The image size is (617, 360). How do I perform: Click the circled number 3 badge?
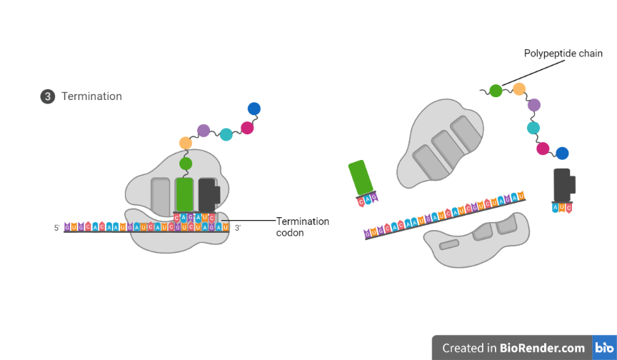click(x=48, y=96)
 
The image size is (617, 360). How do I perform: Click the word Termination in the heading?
click(x=91, y=96)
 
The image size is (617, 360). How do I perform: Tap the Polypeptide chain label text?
click(x=563, y=54)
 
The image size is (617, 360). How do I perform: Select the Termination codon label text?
click(x=302, y=226)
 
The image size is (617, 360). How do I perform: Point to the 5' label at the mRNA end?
click(x=56, y=229)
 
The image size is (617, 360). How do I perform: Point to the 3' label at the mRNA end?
click(x=238, y=229)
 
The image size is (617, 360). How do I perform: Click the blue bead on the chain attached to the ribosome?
click(x=254, y=109)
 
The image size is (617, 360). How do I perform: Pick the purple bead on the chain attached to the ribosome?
click(x=204, y=130)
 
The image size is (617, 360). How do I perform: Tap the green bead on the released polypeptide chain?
click(x=495, y=91)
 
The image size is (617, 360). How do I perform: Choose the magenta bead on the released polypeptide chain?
click(x=543, y=149)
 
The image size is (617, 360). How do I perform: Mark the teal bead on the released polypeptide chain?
click(x=533, y=128)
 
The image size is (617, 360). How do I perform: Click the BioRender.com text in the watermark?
click(x=543, y=348)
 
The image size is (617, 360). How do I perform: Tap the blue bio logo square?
click(x=603, y=348)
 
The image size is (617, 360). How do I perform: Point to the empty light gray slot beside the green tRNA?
click(x=161, y=194)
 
